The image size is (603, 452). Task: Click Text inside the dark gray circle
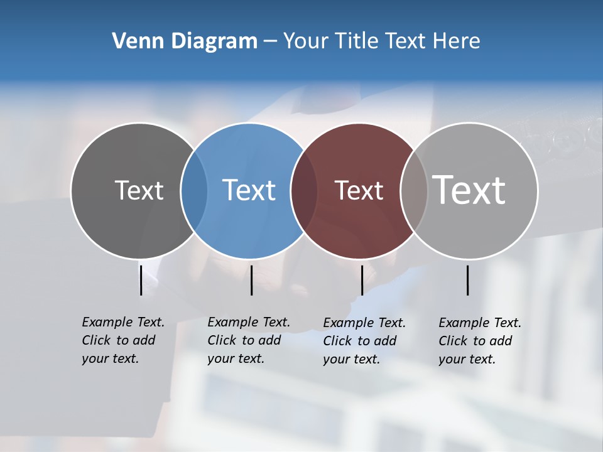click(139, 190)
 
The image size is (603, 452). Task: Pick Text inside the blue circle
click(249, 190)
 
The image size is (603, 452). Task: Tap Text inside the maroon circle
click(359, 190)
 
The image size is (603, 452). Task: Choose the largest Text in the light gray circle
click(469, 190)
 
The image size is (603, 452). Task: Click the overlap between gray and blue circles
click(194, 190)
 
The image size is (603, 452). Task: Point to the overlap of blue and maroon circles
click(304, 190)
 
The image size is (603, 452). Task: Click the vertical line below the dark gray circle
click(141, 280)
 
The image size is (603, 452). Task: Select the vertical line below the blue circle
click(251, 280)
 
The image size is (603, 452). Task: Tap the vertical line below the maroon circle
click(362, 280)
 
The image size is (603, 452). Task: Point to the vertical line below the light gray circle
click(467, 280)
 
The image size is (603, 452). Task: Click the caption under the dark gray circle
click(122, 340)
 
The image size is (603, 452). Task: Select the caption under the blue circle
click(248, 340)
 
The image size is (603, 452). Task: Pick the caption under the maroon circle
click(364, 341)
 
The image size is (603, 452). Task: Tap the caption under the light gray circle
click(479, 341)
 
